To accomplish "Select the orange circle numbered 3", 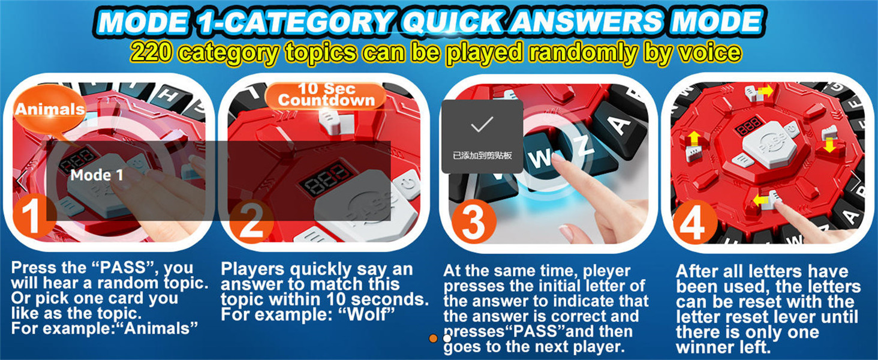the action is coord(474,223).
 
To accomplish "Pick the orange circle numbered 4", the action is coord(695,223).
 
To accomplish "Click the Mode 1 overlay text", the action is coord(97,175).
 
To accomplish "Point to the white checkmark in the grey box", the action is coord(482,124).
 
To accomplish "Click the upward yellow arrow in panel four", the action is coord(694,139).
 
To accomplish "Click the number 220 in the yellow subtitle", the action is coord(151,53).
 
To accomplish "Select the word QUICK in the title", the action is coord(453,22).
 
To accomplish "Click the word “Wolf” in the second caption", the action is coord(366,314).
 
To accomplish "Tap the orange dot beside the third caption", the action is coord(433,338).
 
